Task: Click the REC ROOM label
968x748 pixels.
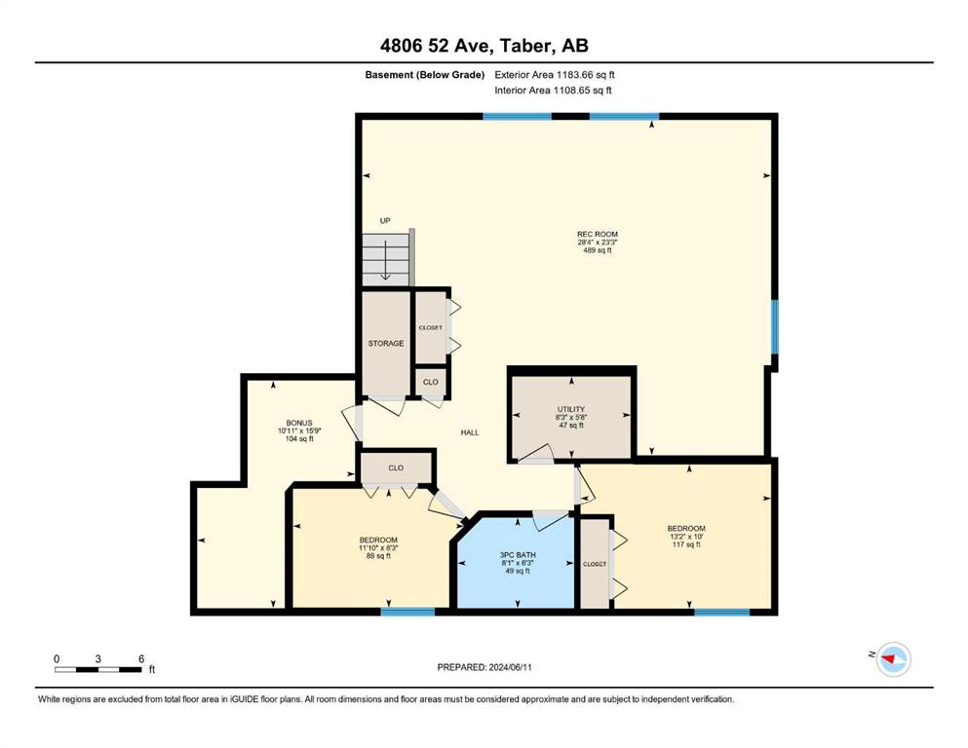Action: click(597, 235)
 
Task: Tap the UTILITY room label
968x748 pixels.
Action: click(571, 409)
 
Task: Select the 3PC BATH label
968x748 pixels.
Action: click(518, 555)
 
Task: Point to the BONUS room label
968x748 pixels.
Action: click(299, 423)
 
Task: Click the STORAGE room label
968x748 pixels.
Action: click(386, 344)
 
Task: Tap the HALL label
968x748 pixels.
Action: click(470, 432)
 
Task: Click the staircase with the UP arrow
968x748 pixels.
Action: click(386, 259)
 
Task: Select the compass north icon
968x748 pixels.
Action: click(893, 659)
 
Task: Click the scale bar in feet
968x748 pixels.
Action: click(98, 669)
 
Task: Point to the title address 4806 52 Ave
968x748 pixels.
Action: click(484, 45)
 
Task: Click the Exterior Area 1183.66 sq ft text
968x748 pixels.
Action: click(555, 75)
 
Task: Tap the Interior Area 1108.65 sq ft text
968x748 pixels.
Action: click(553, 90)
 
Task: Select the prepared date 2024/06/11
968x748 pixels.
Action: click(484, 667)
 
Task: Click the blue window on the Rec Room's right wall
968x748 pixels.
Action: click(774, 327)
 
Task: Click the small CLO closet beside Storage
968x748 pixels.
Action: click(430, 383)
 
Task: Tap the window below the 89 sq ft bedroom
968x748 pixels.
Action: click(407, 612)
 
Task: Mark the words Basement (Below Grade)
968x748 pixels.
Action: click(425, 75)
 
